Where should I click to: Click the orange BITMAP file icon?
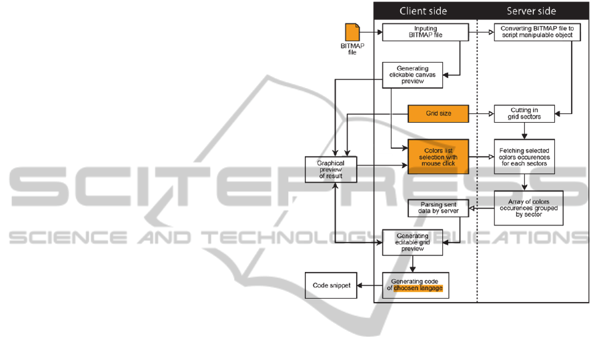352,33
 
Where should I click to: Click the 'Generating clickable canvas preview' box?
413,75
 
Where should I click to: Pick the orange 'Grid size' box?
438,113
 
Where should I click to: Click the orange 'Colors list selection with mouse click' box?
438,156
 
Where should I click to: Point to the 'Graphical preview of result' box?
331,169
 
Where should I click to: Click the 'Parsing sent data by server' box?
438,208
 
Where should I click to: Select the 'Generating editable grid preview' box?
413,242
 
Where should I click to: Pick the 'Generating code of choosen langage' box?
416,285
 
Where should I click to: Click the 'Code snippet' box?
332,285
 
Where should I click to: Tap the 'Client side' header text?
423,11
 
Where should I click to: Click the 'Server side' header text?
531,11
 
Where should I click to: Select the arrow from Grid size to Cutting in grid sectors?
481,113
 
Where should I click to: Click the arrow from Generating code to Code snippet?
370,285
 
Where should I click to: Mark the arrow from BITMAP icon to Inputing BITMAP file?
371,32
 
